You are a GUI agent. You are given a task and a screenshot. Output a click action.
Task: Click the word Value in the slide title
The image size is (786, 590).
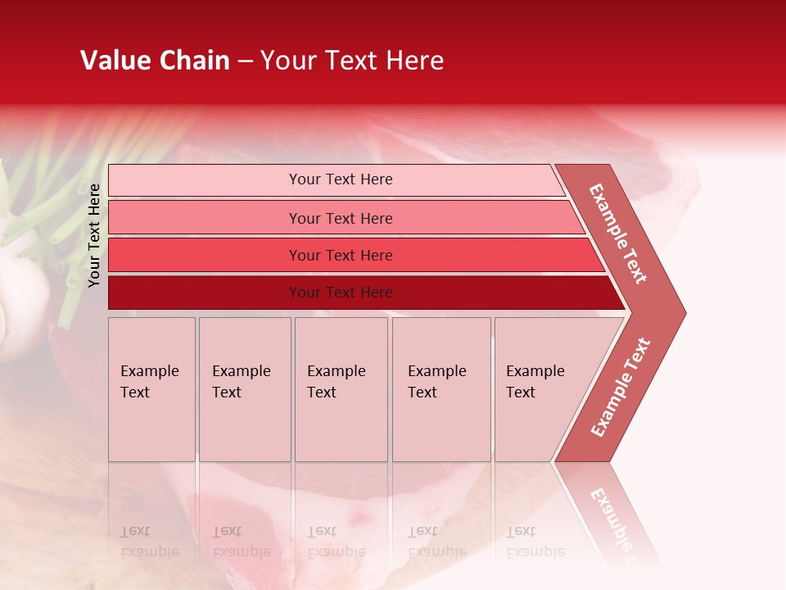coord(113,61)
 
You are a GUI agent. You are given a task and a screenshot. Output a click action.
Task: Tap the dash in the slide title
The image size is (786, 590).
coord(245,61)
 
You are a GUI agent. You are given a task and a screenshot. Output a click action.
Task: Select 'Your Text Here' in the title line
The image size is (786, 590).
coord(352,61)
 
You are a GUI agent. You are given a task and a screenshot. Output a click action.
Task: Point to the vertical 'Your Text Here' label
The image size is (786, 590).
coord(94,235)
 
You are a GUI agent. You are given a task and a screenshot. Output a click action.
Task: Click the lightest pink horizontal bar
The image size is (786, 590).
coord(336,179)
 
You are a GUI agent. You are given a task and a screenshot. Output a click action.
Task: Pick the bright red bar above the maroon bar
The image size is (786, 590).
coord(352,255)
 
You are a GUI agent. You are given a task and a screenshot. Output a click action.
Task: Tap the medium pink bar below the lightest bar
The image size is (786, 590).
coord(344,218)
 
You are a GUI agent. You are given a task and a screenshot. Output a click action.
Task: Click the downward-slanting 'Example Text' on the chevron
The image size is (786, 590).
coord(618,234)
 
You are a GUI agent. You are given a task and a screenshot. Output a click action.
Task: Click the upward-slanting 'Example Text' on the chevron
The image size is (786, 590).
coord(621,388)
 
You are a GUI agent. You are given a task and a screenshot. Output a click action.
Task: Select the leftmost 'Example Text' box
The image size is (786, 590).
coord(151,389)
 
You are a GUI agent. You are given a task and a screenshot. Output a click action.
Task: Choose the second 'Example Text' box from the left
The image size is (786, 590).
coord(245,389)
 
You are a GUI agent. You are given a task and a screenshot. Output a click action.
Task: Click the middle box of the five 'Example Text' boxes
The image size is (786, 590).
coord(341,389)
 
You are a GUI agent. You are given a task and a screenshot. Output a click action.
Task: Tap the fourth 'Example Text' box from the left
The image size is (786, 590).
coord(441,389)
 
